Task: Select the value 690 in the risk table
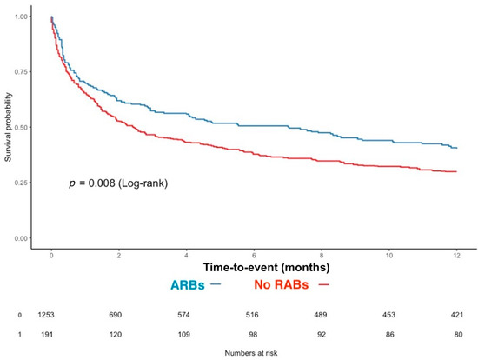coord(119,315)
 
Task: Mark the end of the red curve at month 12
coord(456,172)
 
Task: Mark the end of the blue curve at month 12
coord(456,148)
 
